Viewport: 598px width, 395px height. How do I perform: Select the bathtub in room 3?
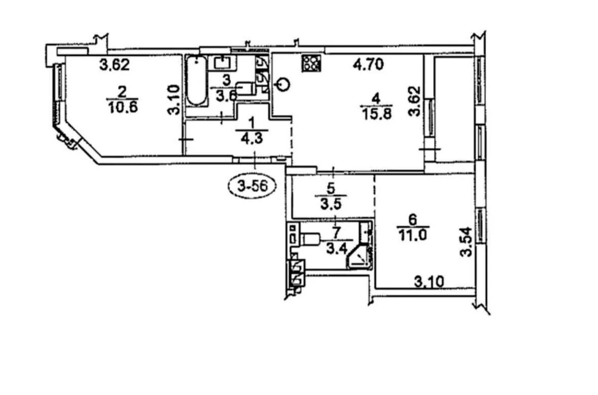click(x=196, y=81)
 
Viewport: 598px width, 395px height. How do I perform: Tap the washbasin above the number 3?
click(x=221, y=63)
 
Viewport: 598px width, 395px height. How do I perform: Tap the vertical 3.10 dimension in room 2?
click(x=173, y=100)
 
